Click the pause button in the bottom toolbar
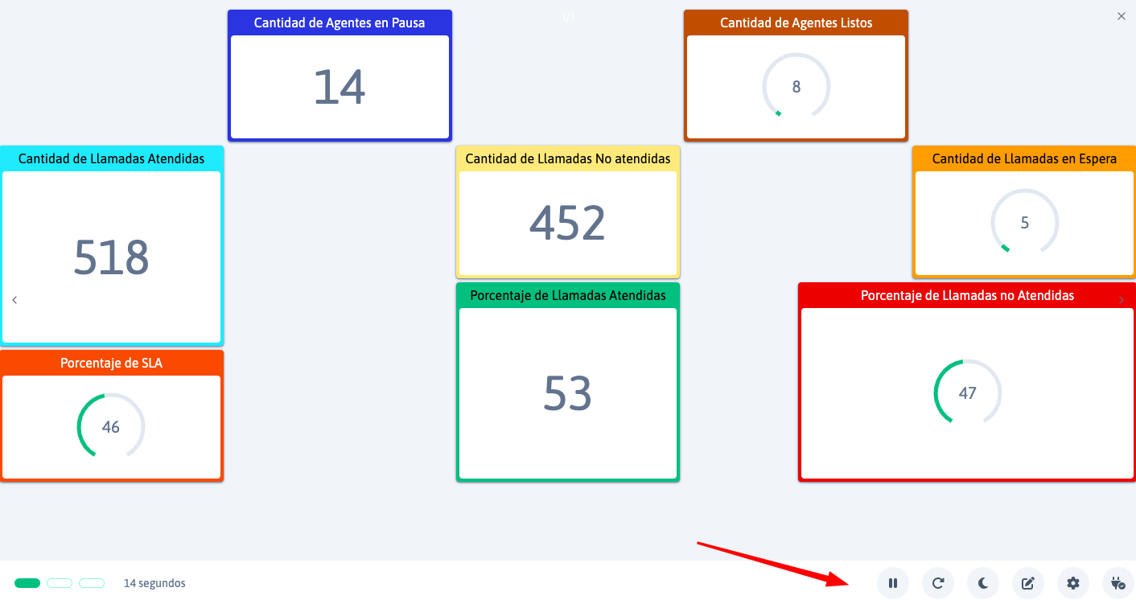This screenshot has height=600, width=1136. [x=892, y=583]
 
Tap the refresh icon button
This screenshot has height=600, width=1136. [x=938, y=583]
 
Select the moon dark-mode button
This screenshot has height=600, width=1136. [x=983, y=583]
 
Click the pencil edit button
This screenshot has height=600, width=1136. [x=1028, y=583]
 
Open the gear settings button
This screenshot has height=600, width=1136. [x=1073, y=583]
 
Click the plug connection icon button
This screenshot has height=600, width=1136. [x=1117, y=583]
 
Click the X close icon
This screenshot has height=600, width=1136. [x=1122, y=16]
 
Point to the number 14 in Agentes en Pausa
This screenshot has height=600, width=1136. [x=340, y=87]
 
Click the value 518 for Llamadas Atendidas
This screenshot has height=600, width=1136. [x=111, y=257]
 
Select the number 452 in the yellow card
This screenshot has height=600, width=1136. [x=567, y=223]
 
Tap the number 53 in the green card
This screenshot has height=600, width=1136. [x=567, y=393]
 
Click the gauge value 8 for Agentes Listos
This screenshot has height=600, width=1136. [x=796, y=87]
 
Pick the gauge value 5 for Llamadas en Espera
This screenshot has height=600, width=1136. [x=1024, y=223]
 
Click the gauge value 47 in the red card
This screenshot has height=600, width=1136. [x=967, y=393]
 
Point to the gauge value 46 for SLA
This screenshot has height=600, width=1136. [x=110, y=427]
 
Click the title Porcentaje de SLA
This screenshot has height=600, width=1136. [x=111, y=364]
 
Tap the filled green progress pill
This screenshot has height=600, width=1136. [x=27, y=583]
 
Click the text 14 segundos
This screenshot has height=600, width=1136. [x=154, y=583]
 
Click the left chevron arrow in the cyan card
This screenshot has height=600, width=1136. [x=14, y=300]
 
